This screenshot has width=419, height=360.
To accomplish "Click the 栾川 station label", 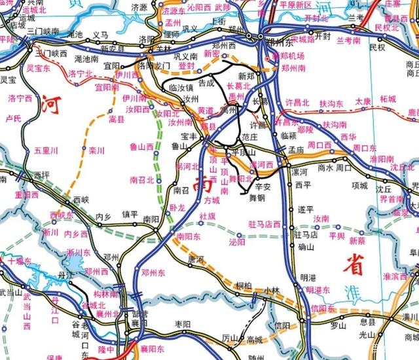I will (x=97, y=151).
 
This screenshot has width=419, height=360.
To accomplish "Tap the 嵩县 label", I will (x=117, y=119).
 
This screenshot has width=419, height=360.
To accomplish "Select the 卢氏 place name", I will (x=13, y=118).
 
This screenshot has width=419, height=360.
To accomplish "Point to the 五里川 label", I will (x=46, y=151).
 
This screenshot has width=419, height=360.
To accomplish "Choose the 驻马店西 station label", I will (x=264, y=225).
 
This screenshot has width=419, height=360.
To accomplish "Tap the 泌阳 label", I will (x=236, y=242).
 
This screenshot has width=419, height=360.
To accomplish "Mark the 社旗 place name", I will (x=207, y=215).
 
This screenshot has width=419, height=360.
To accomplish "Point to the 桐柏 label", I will (x=243, y=285).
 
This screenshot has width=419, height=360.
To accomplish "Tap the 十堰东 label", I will (x=19, y=262).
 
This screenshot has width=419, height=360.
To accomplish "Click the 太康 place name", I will (x=363, y=101).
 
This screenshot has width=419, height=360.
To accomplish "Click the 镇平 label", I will (x=130, y=213).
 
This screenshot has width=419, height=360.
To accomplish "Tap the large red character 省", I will (x=354, y=264).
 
